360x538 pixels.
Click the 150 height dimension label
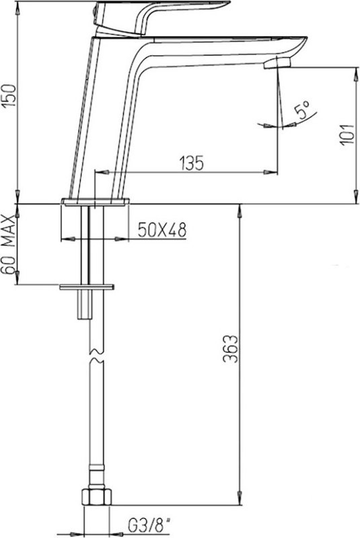tap(9, 95)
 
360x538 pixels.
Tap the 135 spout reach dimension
tap(192, 163)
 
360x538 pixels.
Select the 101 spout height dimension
tap(347, 134)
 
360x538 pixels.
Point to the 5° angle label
tap(303, 110)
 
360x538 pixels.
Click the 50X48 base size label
tap(162, 230)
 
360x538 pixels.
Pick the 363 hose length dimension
tap(230, 348)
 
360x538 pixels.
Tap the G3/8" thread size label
tap(149, 525)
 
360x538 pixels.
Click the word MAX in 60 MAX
tap(9, 231)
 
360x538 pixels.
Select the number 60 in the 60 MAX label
tap(9, 264)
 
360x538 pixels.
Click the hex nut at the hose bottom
tap(97, 496)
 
